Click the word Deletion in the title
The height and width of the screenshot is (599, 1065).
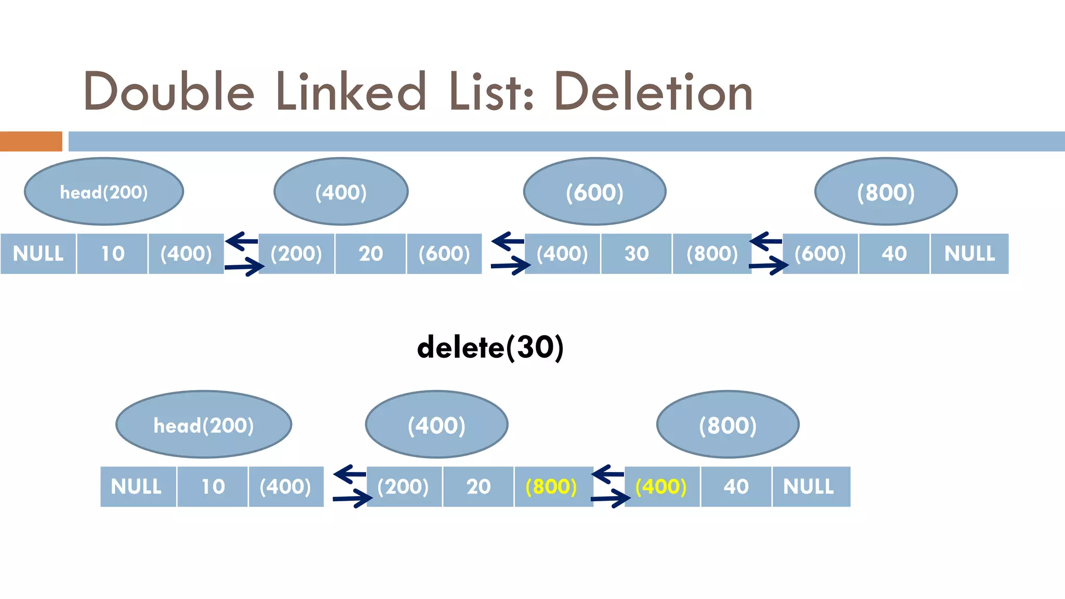click(x=653, y=92)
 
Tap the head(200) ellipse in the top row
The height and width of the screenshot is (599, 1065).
click(x=104, y=192)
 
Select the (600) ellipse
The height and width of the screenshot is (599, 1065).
click(x=594, y=192)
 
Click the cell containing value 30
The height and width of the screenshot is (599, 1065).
click(x=636, y=254)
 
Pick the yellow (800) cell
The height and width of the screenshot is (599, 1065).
click(x=552, y=487)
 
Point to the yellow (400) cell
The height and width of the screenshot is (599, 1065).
click(x=661, y=487)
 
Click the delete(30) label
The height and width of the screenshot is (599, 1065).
click(x=490, y=347)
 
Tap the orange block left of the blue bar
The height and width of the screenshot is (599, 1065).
click(x=31, y=141)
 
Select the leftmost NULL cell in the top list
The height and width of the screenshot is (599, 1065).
click(x=38, y=254)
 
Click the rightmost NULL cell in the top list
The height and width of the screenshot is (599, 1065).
click(x=969, y=254)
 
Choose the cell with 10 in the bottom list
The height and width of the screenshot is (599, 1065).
click(x=213, y=487)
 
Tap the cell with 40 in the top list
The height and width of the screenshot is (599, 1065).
click(x=894, y=254)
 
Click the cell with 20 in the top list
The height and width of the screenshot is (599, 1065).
click(x=370, y=254)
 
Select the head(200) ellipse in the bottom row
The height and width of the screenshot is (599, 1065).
click(x=203, y=425)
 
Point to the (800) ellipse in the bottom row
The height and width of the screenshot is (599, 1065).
click(x=728, y=425)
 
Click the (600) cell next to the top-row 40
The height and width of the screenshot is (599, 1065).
click(x=820, y=254)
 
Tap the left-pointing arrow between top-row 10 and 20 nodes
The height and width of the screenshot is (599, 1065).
click(x=242, y=241)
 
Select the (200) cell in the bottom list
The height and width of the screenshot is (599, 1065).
click(x=404, y=487)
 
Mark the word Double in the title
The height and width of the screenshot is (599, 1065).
click(x=169, y=92)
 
